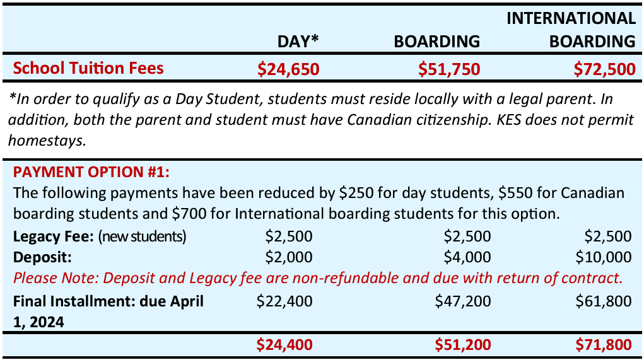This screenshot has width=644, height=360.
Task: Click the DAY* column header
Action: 298,42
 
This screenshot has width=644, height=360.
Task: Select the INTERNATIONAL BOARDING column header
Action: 571,30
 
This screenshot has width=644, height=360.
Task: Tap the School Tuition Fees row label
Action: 88,68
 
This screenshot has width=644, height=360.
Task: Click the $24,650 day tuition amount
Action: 288,69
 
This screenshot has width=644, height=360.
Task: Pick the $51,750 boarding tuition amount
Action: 449,69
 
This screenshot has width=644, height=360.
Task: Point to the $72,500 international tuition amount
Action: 604,69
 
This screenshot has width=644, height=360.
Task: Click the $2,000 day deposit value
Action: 288,257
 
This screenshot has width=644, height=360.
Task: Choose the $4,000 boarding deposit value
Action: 467,257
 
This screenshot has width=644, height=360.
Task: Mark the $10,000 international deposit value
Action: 603,257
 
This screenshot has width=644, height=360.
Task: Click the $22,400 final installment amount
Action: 284,301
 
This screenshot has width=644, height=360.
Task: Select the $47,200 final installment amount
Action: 463,301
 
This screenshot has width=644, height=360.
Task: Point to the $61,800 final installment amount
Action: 604,301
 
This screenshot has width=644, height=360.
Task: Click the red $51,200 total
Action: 463,344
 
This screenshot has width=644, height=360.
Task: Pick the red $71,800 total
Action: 603,344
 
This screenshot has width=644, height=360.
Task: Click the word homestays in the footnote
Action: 48,141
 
